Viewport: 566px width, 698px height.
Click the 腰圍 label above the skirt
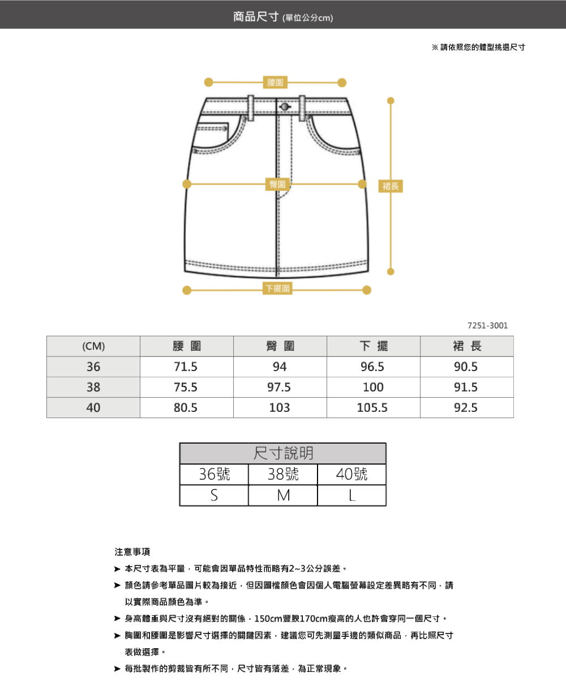coord(276,83)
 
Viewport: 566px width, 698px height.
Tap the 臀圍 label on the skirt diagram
coord(277,184)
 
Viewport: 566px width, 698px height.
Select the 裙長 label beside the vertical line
coord(391,185)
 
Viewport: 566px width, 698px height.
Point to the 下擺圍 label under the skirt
coord(278,289)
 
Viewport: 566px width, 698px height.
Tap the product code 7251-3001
coord(488,326)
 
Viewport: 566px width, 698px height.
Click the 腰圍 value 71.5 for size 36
coord(186,367)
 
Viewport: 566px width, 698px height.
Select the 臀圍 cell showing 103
coord(280,408)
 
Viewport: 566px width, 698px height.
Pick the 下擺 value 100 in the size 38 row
coord(373,388)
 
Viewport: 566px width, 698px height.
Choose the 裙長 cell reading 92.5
coord(466,408)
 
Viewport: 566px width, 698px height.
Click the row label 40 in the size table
coord(93,408)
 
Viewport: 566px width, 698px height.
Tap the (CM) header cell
coord(93,347)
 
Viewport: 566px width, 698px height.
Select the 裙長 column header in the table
coord(466,347)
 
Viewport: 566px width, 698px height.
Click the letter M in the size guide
coord(283,496)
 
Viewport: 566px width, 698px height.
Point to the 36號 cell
coord(215,474)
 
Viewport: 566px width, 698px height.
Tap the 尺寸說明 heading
coord(283,453)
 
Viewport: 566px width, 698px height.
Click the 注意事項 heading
coord(132,552)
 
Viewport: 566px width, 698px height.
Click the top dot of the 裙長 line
coord(390,101)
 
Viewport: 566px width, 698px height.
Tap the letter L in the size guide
coord(351,496)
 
